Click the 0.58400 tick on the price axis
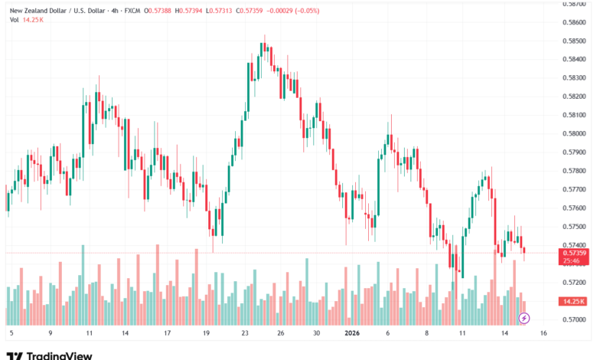click(x=574, y=59)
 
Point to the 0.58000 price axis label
click(x=574, y=133)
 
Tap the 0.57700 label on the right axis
click(x=574, y=189)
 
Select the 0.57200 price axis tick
click(x=574, y=283)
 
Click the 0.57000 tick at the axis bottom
click(x=574, y=319)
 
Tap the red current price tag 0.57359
click(x=574, y=252)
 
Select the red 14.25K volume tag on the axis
click(x=574, y=301)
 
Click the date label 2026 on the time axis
click(x=351, y=334)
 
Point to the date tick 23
click(x=245, y=334)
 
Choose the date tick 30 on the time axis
click(x=316, y=334)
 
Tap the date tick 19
click(x=207, y=334)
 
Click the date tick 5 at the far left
click(x=11, y=334)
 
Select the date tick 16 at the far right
click(x=543, y=334)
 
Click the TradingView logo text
click(x=60, y=355)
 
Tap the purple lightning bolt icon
click(x=524, y=317)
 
